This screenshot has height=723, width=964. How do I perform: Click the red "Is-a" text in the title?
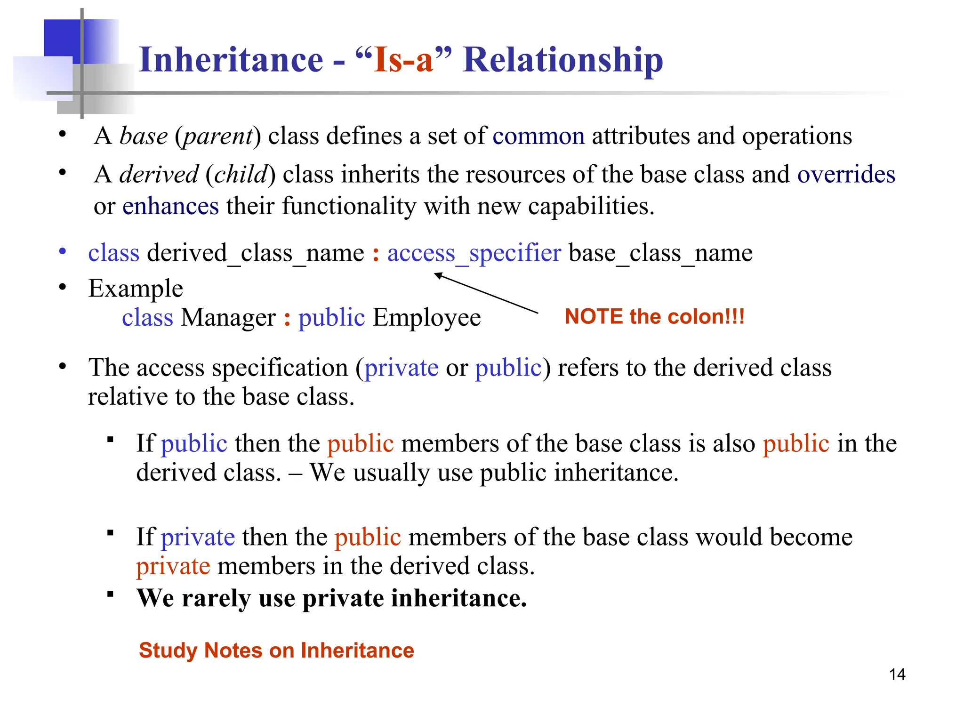click(x=403, y=60)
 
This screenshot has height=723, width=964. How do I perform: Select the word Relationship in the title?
click(x=563, y=60)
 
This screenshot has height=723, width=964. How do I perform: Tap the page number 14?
click(x=897, y=674)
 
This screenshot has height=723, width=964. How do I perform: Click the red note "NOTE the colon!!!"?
click(x=654, y=316)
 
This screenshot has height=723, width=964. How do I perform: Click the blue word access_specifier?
click(x=474, y=253)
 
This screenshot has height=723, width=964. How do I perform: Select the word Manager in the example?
click(x=228, y=318)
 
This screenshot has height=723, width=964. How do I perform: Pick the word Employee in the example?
click(x=426, y=318)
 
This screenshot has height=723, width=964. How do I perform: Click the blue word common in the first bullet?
click(x=538, y=137)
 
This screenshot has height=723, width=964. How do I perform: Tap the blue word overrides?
click(x=846, y=175)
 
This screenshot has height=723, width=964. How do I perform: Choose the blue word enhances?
click(x=170, y=207)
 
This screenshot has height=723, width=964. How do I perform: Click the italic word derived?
click(x=159, y=175)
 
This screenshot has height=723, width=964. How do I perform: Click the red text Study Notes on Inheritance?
click(x=276, y=651)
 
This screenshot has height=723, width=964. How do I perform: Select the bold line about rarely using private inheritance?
click(x=331, y=598)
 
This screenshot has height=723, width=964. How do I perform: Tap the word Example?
click(x=136, y=289)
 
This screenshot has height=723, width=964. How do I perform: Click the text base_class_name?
click(x=660, y=253)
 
